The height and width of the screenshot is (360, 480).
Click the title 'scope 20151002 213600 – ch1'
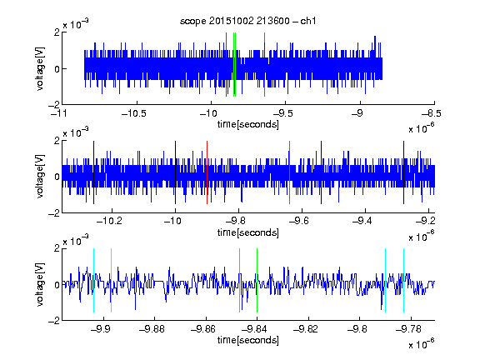click(247, 21)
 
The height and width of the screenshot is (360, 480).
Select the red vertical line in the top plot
click(226, 65)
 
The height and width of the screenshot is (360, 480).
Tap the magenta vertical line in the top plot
click(264, 65)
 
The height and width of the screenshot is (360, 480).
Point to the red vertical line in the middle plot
click(207, 172)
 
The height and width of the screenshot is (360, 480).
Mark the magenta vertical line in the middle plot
click(290, 172)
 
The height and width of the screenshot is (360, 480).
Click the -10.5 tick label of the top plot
click(134, 113)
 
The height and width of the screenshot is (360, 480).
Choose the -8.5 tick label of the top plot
click(431, 113)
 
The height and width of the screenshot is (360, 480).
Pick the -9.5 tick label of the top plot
click(282, 113)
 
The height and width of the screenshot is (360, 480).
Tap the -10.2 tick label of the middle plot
click(109, 220)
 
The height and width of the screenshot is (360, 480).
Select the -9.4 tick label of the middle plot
click(362, 220)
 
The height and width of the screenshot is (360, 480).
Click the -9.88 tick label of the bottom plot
click(152, 329)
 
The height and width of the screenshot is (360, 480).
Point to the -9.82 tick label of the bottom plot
click(306, 329)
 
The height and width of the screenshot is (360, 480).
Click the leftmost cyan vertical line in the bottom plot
click(93, 280)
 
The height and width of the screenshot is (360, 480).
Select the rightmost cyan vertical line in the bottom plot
click(404, 280)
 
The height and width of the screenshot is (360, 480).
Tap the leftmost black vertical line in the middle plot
click(93, 172)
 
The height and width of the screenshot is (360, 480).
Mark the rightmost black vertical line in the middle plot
click(404, 172)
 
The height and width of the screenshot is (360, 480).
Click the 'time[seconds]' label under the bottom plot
click(248, 340)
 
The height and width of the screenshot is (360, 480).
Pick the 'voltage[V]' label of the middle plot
click(40, 177)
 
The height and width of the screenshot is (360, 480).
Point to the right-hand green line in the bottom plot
click(257, 280)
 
